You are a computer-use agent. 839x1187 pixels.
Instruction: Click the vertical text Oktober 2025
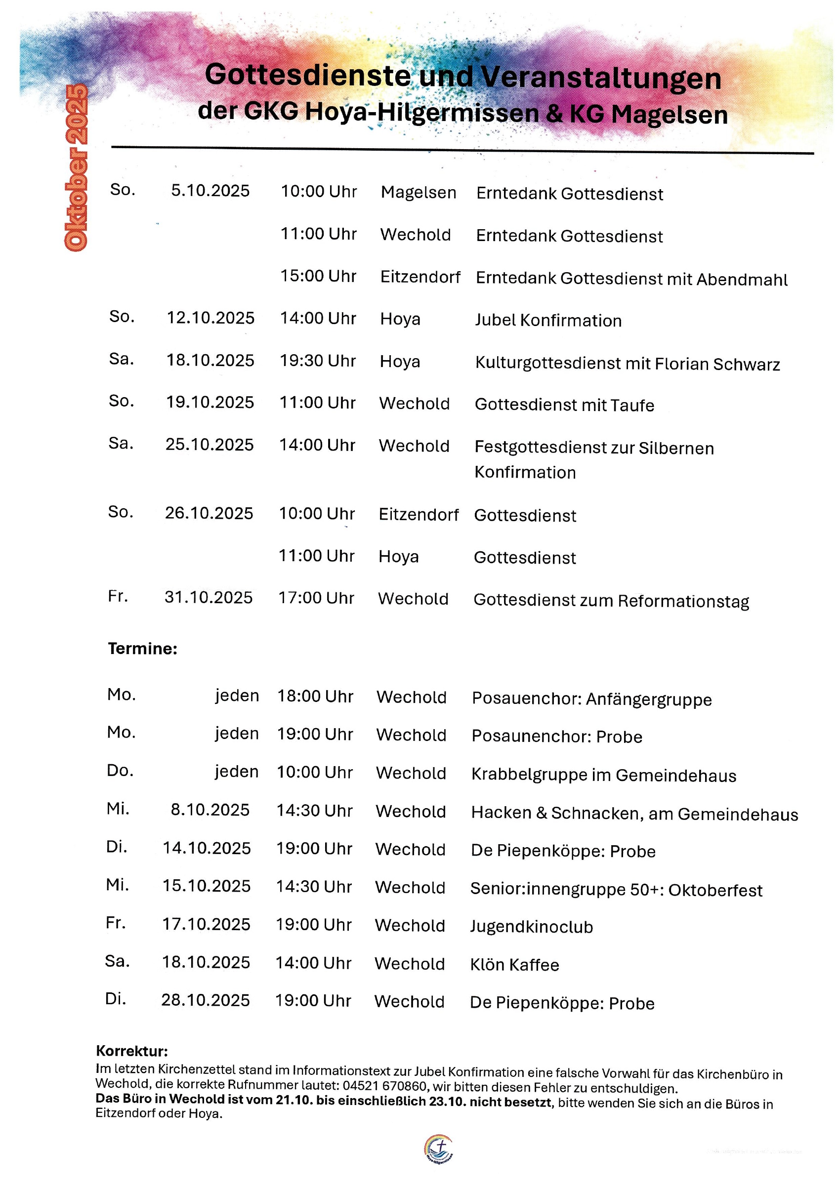pos(76,168)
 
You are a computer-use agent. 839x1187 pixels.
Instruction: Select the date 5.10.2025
pos(210,191)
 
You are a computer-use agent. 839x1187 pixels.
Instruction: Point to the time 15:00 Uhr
pos(318,276)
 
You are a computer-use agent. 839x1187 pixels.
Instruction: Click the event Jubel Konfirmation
pos(548,321)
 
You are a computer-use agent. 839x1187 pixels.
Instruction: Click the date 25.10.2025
pos(210,445)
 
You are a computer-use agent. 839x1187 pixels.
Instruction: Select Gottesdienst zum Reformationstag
pos(611,601)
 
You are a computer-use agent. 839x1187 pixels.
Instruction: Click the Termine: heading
pos(142,648)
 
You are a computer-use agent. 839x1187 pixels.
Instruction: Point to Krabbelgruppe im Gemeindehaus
pos(604,776)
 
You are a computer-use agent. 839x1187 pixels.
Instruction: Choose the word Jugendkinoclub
pos(531,927)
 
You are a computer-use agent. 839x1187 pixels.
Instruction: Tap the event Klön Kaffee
pos(515,965)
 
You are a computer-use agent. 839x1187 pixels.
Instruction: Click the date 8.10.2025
pos(210,810)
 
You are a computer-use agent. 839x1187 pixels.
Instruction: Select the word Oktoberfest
pos(715,890)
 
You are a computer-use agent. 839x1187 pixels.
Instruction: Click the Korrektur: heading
pos(132,1051)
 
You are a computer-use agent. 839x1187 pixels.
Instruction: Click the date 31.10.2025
pos(209,598)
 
